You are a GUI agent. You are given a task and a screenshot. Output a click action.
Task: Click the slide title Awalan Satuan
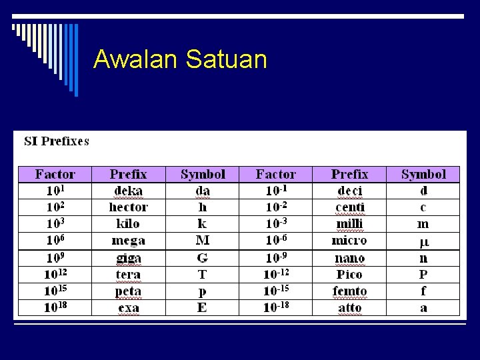pos(180,59)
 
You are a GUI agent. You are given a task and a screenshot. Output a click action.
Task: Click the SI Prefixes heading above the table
pos(57,141)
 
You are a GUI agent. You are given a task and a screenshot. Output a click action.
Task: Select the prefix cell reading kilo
pos(128,223)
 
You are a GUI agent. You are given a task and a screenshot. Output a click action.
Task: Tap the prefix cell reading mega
pos(128,240)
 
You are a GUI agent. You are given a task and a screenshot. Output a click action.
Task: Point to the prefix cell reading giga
pos(128,258)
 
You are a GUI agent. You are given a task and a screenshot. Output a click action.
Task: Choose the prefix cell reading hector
pos(128,207)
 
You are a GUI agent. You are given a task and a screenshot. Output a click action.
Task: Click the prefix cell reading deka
pos(128,191)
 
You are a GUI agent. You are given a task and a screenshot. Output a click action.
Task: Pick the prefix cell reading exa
pos(128,308)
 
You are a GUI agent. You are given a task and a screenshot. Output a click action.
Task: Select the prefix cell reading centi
pos(350,207)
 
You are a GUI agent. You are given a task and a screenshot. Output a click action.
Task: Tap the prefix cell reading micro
pos(350,240)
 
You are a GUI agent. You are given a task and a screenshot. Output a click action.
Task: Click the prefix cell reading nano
pos(350,258)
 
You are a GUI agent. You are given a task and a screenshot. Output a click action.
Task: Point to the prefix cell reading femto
pos(350,291)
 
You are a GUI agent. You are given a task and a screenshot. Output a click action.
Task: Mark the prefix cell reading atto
pos(350,308)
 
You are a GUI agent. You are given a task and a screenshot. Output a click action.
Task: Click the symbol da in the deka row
pos(203,191)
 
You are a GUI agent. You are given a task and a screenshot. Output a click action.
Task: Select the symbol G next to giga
pos(203,258)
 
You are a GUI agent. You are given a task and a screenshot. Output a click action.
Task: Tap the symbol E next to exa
pos(203,308)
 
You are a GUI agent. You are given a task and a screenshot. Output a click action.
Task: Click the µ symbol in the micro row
pos(423,241)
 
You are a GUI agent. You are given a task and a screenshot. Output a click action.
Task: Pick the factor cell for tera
pos(55,274)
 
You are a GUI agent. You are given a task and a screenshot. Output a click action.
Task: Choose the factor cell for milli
pos(276,223)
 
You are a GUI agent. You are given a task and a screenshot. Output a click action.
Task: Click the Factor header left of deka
pos(55,174)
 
